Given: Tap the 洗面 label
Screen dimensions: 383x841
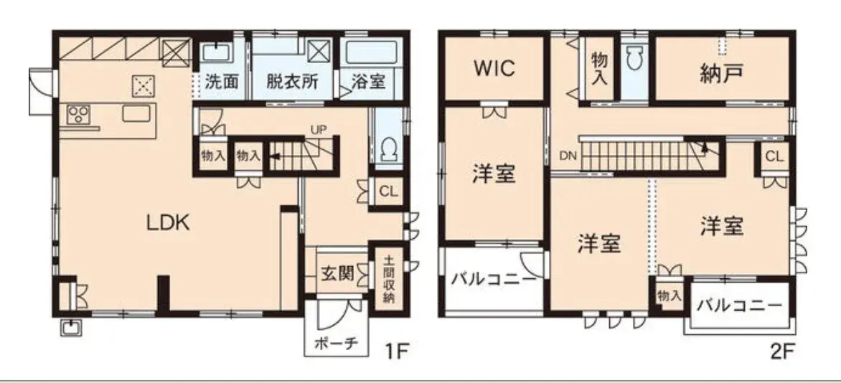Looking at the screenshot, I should tap(222, 82).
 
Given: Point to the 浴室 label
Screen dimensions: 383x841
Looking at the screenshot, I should tap(369, 82).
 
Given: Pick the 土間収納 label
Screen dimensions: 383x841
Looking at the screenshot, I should tap(389, 278).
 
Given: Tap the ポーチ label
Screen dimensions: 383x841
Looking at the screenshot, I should tap(337, 344).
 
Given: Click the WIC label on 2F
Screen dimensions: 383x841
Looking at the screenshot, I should tap(494, 69).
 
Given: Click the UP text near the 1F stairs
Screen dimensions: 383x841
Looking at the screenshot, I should tap(318, 130).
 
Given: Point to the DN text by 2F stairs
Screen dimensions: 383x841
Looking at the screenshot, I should tap(568, 156).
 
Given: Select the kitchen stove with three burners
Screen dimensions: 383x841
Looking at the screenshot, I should tap(77, 115).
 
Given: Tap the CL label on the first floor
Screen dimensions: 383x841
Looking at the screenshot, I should tap(388, 192).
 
